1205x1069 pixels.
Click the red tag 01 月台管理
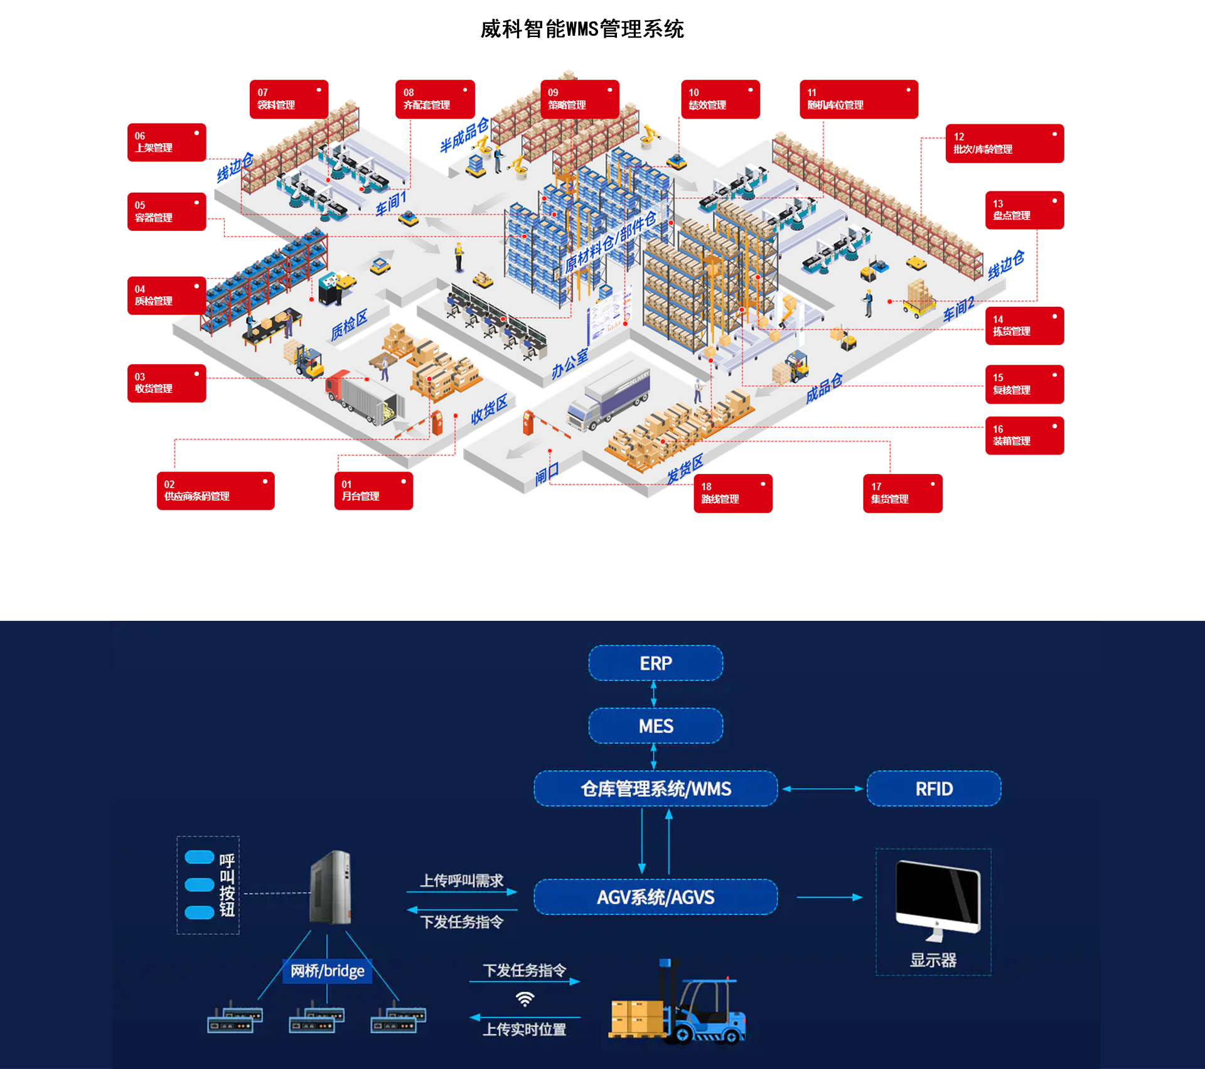(373, 490)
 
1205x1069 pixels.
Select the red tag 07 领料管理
(289, 99)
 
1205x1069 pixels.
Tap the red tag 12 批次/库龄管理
(1004, 143)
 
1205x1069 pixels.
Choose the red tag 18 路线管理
(732, 493)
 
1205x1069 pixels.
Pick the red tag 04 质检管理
(166, 295)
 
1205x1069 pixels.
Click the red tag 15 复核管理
(1024, 384)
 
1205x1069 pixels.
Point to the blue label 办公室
(570, 363)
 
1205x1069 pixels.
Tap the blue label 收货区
(489, 409)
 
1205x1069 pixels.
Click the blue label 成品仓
(823, 389)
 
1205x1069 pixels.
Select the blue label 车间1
(392, 203)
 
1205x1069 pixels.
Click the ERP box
(655, 663)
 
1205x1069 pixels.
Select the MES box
(655, 726)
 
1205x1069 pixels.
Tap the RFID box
(933, 788)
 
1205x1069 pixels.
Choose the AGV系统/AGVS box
(655, 897)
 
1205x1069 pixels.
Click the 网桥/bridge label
(327, 971)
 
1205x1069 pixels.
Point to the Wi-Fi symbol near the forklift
(525, 999)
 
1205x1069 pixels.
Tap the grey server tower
(331, 887)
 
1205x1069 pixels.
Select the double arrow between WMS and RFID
(822, 789)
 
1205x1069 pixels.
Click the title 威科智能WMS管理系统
(582, 29)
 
